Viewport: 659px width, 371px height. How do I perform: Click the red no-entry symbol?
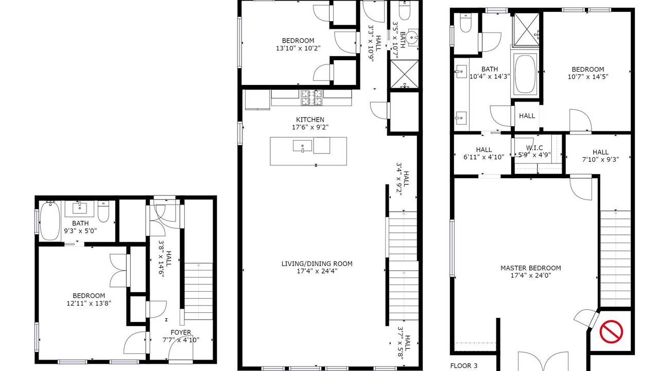tap(611, 331)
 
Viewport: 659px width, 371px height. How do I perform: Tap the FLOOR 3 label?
tap(464, 366)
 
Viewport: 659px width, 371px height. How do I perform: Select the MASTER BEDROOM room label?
tap(531, 268)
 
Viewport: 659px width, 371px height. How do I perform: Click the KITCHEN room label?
tap(310, 120)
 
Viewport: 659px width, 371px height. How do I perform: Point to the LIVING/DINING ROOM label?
tap(317, 263)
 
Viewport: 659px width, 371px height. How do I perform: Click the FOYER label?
tap(181, 332)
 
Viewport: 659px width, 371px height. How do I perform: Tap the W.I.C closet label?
tap(534, 147)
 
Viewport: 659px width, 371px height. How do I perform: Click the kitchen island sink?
tap(302, 146)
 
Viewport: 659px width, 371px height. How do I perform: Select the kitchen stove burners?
tap(312, 98)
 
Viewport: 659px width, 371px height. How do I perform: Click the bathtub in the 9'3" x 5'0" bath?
tap(50, 221)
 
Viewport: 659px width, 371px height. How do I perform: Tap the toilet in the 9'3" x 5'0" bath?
tap(103, 211)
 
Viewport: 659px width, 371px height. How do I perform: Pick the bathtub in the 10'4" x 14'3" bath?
tap(526, 74)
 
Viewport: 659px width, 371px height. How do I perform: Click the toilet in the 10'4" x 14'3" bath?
tap(466, 22)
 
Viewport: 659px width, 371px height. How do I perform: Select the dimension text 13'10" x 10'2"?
tap(298, 48)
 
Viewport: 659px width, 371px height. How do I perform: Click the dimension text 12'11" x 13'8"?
tap(89, 303)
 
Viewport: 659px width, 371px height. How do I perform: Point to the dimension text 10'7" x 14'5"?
tap(588, 77)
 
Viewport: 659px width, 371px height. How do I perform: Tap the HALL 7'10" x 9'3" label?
tap(600, 156)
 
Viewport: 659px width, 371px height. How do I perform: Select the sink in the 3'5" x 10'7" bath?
tap(413, 38)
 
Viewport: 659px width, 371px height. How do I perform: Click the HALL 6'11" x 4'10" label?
tap(483, 154)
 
